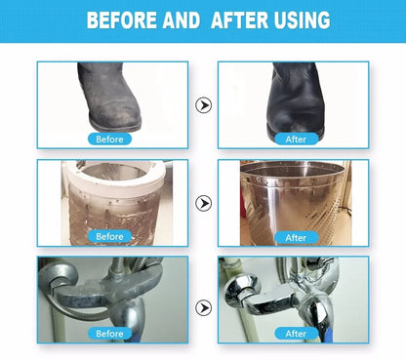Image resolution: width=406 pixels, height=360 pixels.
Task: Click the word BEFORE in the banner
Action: coord(122,20)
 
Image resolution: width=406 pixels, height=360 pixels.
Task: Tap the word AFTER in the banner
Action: coord(240,20)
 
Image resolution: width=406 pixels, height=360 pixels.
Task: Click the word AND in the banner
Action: coord(182,20)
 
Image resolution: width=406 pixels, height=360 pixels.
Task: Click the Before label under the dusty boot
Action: coord(109,140)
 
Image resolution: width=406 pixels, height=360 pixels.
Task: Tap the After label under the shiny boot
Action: coord(296,140)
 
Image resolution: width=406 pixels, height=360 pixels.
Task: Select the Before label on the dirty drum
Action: coord(109,236)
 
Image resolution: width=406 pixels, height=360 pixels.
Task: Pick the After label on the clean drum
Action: coord(296,237)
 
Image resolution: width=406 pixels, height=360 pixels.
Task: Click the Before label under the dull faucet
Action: coord(109,334)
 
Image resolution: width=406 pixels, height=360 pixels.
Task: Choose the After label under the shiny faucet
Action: coord(296,334)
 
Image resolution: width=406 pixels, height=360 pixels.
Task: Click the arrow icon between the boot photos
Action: coord(204,105)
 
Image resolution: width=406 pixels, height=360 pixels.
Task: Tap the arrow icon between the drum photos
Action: coord(204,203)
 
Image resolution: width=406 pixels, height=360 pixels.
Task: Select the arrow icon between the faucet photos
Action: coord(204,307)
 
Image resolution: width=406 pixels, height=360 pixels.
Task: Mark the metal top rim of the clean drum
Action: coord(293,169)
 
